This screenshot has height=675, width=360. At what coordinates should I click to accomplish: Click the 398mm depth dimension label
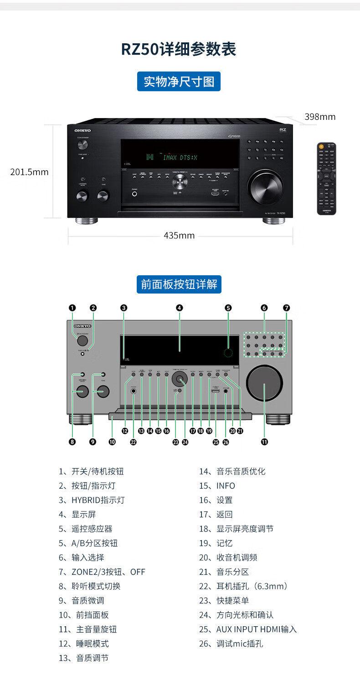pyautogui.click(x=320, y=117)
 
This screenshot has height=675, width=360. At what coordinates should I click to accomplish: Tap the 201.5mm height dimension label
pyautogui.click(x=29, y=172)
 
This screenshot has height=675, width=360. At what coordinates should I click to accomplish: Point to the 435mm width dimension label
pyautogui.click(x=179, y=236)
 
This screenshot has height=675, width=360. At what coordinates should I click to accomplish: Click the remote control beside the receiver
pyautogui.click(x=327, y=178)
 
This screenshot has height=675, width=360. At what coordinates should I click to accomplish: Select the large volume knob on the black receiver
pyautogui.click(x=265, y=186)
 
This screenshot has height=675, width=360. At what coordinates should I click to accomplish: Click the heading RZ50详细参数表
pyautogui.click(x=179, y=49)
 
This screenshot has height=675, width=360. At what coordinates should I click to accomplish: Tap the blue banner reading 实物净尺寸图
pyautogui.click(x=179, y=82)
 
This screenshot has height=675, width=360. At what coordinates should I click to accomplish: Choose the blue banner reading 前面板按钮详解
pyautogui.click(x=179, y=284)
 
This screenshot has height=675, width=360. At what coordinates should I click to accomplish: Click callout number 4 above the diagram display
pyautogui.click(x=180, y=308)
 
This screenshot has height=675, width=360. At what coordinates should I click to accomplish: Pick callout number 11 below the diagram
pyautogui.click(x=264, y=441)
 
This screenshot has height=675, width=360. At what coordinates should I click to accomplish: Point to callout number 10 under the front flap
pyautogui.click(x=112, y=441)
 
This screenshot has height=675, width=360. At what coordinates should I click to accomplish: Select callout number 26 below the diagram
pyautogui.click(x=226, y=441)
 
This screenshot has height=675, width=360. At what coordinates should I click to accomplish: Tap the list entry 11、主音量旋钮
pyautogui.click(x=87, y=629)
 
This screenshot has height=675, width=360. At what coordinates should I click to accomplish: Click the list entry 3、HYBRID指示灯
pyautogui.click(x=91, y=500)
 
